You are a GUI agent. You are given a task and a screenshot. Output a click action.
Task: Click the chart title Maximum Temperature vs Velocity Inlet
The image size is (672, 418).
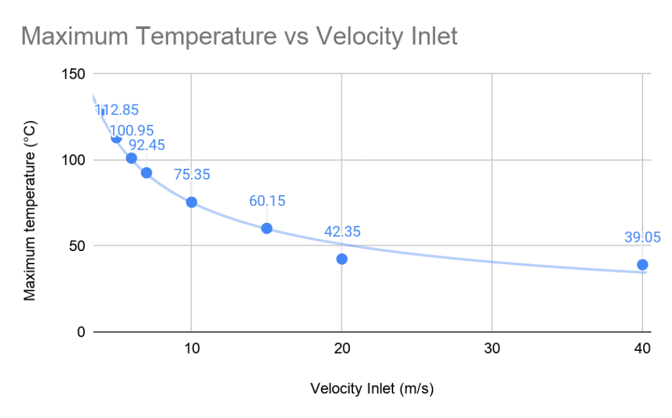point(239,36)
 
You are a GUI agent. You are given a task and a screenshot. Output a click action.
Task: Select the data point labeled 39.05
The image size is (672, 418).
point(642,265)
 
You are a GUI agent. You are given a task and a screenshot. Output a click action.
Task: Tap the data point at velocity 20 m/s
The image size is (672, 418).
point(342,259)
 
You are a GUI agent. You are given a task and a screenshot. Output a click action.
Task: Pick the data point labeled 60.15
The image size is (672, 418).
point(266,228)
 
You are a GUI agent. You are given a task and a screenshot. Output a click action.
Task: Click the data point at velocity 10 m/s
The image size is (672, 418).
point(192,202)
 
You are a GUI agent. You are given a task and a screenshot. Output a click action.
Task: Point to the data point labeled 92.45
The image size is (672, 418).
point(146,173)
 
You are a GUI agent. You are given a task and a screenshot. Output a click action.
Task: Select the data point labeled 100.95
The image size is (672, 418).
point(131,158)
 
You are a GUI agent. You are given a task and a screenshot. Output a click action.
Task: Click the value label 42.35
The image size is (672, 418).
point(342,231)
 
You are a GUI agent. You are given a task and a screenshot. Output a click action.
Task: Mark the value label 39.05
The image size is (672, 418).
point(642,237)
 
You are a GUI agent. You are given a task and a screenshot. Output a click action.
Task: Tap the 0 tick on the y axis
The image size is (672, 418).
point(81,332)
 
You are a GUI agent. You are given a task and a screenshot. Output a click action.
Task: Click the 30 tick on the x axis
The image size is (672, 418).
point(492,349)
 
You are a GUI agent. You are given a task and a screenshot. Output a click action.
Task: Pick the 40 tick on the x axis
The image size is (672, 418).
point(642,349)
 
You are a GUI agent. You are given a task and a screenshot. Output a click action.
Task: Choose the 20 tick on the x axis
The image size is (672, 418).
point(342,349)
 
